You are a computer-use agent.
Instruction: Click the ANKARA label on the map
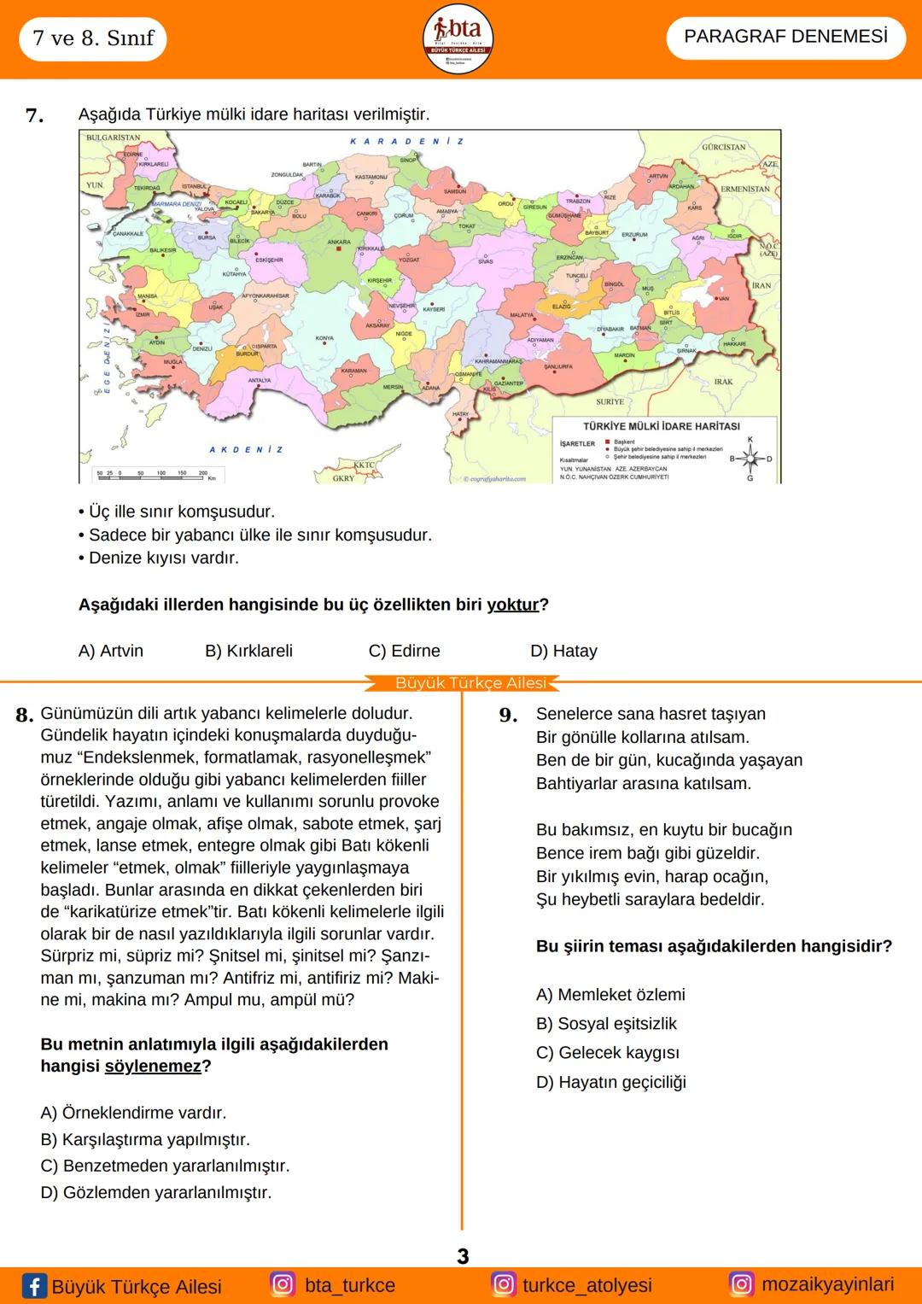[339, 242]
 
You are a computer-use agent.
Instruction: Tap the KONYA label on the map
[324, 338]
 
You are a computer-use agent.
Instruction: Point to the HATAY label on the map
[460, 414]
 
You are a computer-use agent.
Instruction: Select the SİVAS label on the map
[485, 261]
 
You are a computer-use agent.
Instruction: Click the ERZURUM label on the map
[634, 234]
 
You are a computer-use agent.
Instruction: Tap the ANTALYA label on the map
[260, 380]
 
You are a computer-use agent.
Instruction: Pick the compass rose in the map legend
[750, 459]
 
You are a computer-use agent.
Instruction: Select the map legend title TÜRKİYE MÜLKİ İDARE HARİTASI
[662, 426]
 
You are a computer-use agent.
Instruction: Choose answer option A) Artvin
[111, 651]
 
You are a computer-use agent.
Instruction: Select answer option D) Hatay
[563, 651]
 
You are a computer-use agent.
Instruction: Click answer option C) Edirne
[404, 651]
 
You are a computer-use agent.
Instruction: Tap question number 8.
[25, 715]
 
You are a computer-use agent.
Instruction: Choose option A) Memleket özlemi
[610, 995]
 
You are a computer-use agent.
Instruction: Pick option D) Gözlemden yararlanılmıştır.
[156, 1192]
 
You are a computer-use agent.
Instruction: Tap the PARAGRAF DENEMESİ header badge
[785, 38]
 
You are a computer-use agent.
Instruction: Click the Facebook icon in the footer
[34, 1286]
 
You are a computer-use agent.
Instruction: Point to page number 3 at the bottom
[463, 1256]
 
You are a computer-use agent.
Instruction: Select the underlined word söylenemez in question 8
[153, 1067]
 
